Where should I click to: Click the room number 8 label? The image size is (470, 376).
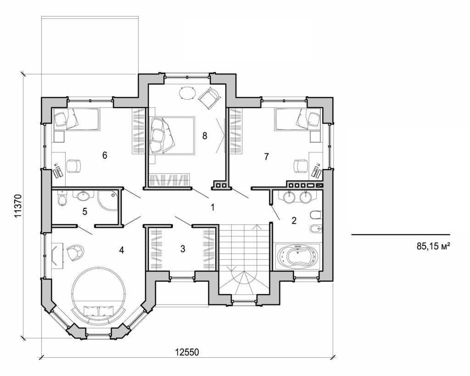(x=205, y=135)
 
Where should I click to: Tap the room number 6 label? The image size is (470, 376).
(x=105, y=156)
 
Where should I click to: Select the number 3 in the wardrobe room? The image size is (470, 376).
(x=183, y=249)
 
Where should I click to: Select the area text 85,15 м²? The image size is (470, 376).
(x=432, y=247)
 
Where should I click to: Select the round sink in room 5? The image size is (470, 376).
(x=83, y=196)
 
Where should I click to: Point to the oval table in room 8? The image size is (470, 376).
(x=187, y=93)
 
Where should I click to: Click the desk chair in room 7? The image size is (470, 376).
(x=301, y=165)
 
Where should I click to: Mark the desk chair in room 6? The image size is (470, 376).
(x=73, y=166)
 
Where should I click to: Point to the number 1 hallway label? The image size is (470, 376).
(x=212, y=207)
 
